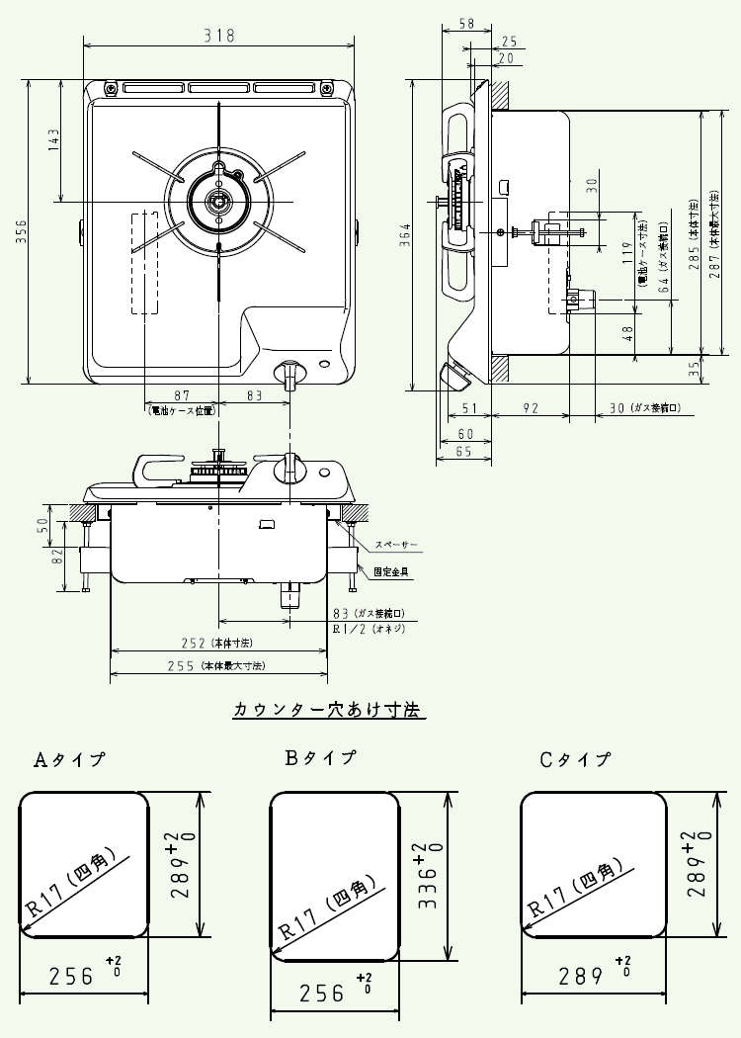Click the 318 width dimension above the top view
click(218, 35)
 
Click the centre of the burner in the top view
click(216, 202)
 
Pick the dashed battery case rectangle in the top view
click(144, 262)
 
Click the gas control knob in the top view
click(289, 375)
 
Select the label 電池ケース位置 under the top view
click(181, 409)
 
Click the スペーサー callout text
click(396, 545)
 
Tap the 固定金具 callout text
click(392, 571)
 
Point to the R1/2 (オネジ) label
click(367, 628)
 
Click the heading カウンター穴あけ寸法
click(327, 709)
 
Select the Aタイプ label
click(70, 760)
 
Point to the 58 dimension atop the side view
click(467, 23)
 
